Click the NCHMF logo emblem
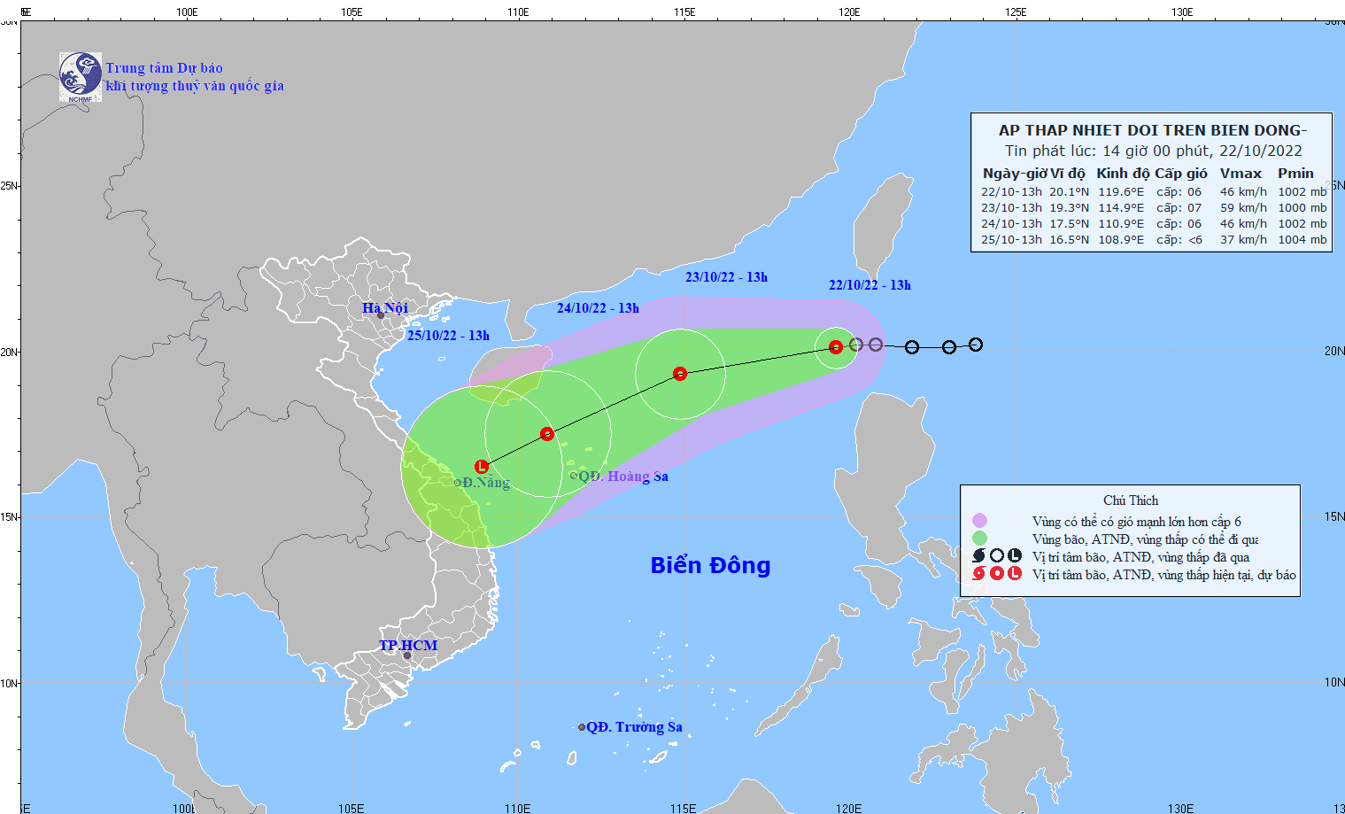(x=80, y=76)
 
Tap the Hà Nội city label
(x=385, y=308)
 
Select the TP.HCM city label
(x=408, y=646)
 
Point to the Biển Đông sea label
(x=710, y=565)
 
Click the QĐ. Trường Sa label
(x=634, y=727)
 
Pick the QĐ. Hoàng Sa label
(x=623, y=477)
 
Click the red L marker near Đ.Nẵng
(x=481, y=467)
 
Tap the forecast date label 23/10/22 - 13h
(x=726, y=277)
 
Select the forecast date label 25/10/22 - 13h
(x=448, y=336)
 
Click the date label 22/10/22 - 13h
(x=870, y=285)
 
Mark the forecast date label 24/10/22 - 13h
(x=598, y=308)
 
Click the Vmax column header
(x=1241, y=174)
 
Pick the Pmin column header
(x=1295, y=174)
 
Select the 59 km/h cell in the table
(x=1243, y=208)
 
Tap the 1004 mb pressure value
(x=1302, y=240)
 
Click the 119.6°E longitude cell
(x=1121, y=192)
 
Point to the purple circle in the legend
(x=979, y=521)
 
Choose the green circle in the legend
(x=979, y=539)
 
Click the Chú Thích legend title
(x=1130, y=500)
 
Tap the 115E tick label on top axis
(x=684, y=12)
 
